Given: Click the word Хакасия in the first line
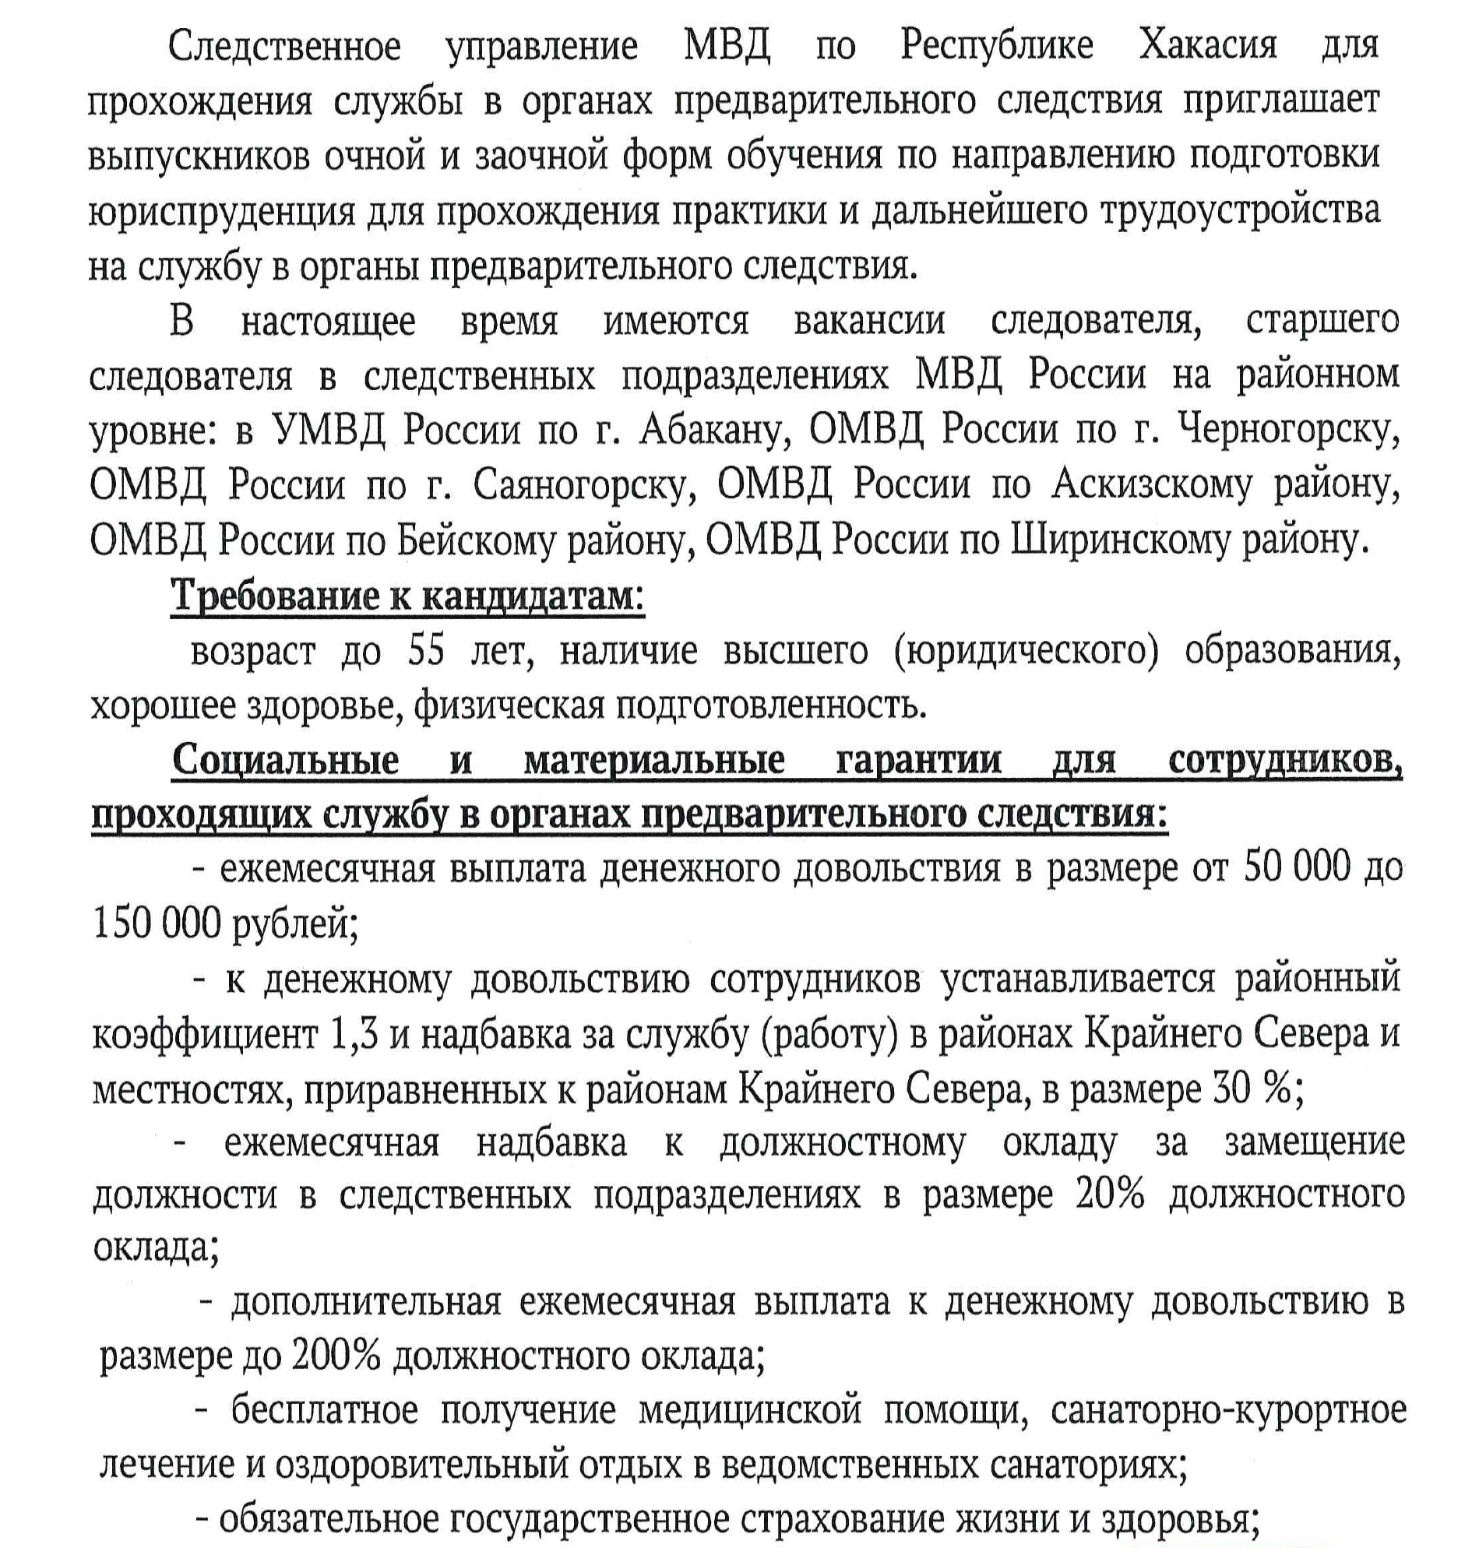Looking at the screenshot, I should (1207, 46).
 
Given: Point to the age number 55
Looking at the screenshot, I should (427, 651).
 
